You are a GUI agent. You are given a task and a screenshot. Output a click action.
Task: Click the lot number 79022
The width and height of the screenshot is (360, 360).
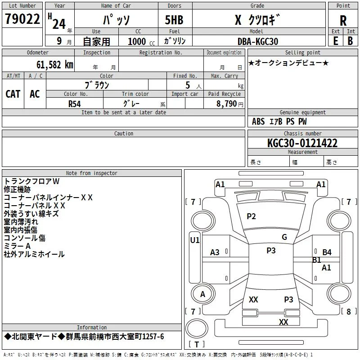(x=22, y=19)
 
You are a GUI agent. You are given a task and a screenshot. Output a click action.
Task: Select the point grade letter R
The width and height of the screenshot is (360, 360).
(x=343, y=21)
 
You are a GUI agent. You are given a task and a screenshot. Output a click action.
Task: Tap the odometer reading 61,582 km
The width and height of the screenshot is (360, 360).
(x=55, y=65)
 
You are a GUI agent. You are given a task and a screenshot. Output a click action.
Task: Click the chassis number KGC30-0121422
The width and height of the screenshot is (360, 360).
(x=302, y=143)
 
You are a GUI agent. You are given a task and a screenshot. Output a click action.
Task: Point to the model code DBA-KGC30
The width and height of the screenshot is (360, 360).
(x=258, y=41)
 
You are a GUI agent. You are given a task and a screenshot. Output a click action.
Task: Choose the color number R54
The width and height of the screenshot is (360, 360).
(x=75, y=104)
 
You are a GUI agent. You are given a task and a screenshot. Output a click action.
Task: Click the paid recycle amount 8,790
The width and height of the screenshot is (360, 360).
(x=226, y=103)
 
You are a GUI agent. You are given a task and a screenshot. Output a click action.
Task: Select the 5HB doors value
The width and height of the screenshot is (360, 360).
(x=174, y=20)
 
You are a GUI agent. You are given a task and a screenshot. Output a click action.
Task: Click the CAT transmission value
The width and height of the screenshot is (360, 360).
(x=13, y=94)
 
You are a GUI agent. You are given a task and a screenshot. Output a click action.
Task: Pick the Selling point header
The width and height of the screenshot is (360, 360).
(x=302, y=53)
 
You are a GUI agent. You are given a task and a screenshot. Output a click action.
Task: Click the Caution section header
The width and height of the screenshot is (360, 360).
(x=123, y=133)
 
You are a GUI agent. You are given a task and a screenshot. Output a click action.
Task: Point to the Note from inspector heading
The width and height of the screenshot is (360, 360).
(x=92, y=173)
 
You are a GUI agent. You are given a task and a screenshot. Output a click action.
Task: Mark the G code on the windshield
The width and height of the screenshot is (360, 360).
(x=284, y=237)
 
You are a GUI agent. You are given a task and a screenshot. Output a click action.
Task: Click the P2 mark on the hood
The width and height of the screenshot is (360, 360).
(x=251, y=216)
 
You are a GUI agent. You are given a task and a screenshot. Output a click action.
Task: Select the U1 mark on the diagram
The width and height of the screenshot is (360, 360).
(x=195, y=240)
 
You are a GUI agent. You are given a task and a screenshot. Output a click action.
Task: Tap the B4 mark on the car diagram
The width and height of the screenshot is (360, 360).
(x=327, y=252)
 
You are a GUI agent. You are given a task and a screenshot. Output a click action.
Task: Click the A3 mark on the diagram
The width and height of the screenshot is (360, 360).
(x=215, y=252)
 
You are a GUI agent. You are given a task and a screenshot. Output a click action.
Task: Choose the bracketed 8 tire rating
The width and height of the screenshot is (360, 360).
(x=349, y=311)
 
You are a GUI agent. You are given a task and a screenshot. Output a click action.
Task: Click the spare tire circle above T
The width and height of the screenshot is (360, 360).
(x=197, y=328)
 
